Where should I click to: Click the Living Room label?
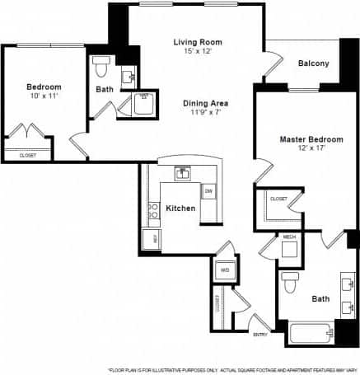(198, 41)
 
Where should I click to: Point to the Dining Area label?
(205, 103)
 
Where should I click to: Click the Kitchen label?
(180, 209)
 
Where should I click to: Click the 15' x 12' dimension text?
(198, 52)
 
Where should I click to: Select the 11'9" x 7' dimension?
(205, 114)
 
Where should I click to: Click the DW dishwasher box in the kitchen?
(208, 192)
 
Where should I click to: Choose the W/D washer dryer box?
(224, 270)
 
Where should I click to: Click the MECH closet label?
(288, 237)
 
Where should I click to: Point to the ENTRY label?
(260, 334)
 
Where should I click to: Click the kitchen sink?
(183, 173)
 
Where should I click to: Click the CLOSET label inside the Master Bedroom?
(278, 199)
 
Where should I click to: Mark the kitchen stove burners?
(152, 210)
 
